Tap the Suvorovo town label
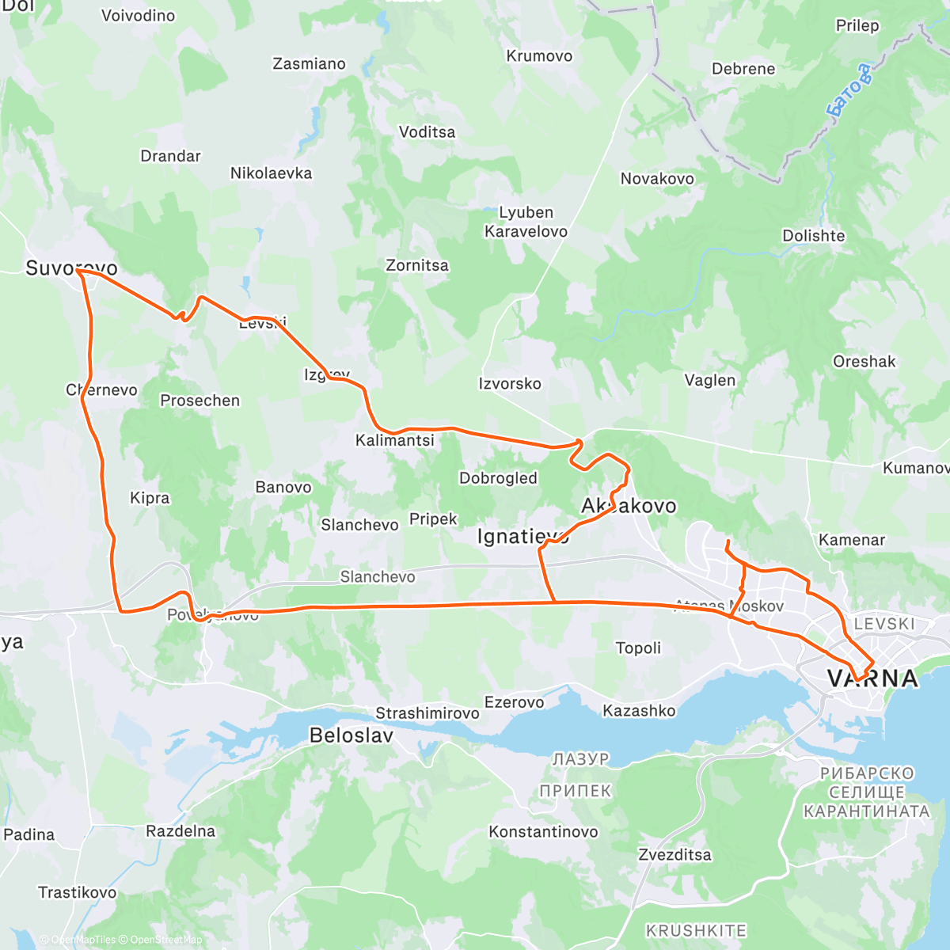(x=71, y=268)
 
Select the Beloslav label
(x=351, y=735)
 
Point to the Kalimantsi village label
(x=394, y=440)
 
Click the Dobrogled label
(x=498, y=478)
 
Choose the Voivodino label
(x=139, y=15)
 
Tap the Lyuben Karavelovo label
(x=526, y=222)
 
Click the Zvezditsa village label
(x=674, y=855)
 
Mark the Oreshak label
(x=864, y=362)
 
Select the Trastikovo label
(x=77, y=892)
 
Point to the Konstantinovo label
(x=543, y=832)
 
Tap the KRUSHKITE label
(x=696, y=931)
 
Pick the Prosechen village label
(x=199, y=401)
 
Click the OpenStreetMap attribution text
(x=165, y=940)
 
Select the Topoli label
(x=638, y=648)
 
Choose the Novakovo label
(x=657, y=179)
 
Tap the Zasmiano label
(x=309, y=64)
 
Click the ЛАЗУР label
(x=581, y=759)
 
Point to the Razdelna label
(x=180, y=831)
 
